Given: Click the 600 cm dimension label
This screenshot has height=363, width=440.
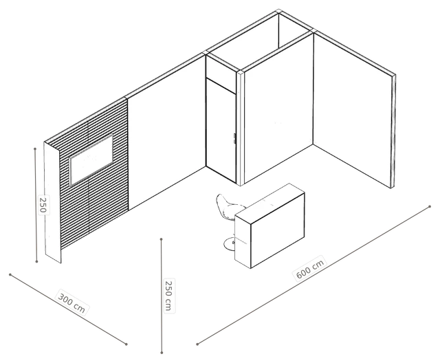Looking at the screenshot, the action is click(x=310, y=267).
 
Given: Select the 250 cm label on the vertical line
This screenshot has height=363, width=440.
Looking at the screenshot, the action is click(x=168, y=296).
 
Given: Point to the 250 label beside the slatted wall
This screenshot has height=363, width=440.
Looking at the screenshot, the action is click(x=43, y=204).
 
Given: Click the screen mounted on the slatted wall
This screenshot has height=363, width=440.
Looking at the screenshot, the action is click(x=91, y=159).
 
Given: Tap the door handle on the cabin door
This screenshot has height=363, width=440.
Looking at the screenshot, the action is click(x=234, y=139).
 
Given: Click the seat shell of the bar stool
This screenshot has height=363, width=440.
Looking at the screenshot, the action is click(x=228, y=207).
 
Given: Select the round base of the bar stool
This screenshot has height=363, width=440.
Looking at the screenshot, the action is click(x=231, y=244).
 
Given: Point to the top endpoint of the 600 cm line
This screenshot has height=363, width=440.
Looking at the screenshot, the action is click(x=430, y=207).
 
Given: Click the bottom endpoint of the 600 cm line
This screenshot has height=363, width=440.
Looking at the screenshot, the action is click(x=197, y=344).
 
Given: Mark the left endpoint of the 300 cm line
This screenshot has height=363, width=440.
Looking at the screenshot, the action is click(x=10, y=274).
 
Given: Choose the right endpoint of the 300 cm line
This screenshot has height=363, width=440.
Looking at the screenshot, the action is click(x=126, y=344).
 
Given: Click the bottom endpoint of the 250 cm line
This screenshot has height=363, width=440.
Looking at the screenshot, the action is click(x=162, y=352).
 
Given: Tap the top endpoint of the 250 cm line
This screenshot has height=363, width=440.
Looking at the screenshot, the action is click(x=162, y=239).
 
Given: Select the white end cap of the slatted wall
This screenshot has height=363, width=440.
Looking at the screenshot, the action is click(x=52, y=203).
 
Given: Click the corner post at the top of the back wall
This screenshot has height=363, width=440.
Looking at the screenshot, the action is click(x=278, y=11).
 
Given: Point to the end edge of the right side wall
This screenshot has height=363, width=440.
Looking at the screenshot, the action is click(x=393, y=131).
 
